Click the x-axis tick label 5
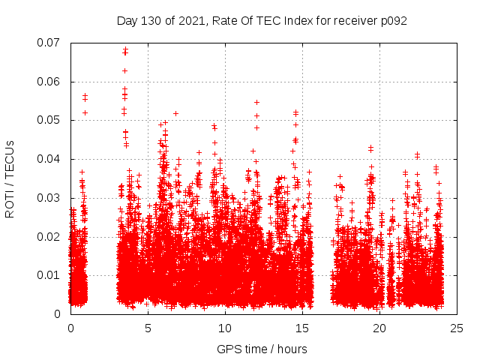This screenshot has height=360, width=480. pos(148,328)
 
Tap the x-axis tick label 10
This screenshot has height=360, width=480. pos(225,328)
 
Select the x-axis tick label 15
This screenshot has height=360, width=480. pos(302,328)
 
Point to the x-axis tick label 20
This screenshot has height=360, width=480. pos(379,328)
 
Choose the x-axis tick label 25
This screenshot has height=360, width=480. pos(457,328)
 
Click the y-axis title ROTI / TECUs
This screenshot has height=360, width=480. pos(10,178)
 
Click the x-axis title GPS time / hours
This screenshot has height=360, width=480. pos(262,349)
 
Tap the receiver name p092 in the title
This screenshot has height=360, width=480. pos(392,20)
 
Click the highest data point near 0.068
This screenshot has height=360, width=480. pos(125,49)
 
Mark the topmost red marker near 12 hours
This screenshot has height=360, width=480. pos(256,102)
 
